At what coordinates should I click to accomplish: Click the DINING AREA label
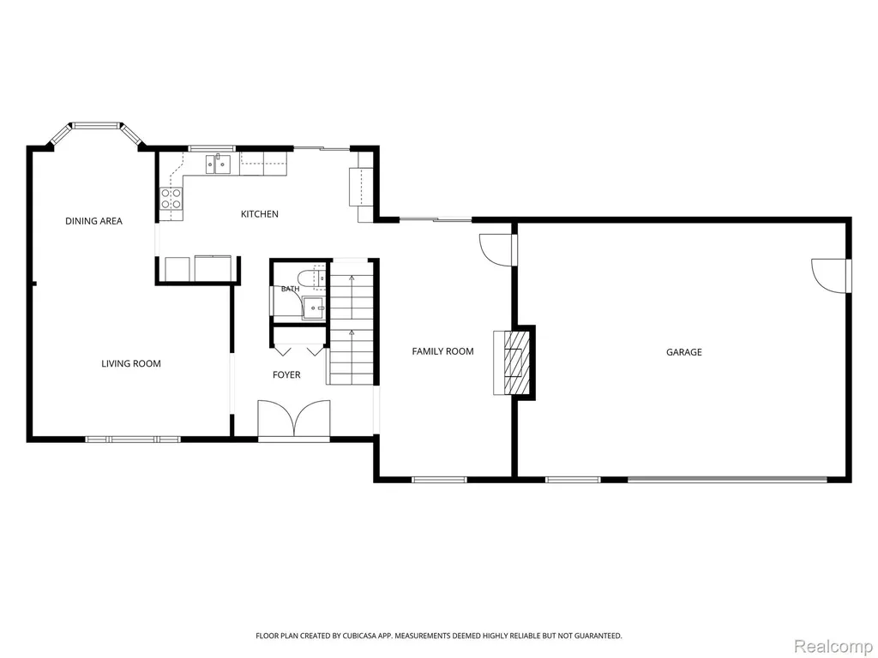pos(93,221)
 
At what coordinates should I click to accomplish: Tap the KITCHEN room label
pos(259,213)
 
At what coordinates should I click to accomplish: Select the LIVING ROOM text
pos(131,363)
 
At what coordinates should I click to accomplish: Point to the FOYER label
pos(286,375)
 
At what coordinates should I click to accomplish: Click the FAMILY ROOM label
pos(443,351)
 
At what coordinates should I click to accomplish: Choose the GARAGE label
pos(683,352)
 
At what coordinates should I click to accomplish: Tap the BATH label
pos(290,289)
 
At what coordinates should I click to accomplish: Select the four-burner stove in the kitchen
pos(171,198)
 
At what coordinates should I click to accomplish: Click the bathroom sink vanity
pos(314,308)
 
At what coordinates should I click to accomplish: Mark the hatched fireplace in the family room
pos(515,362)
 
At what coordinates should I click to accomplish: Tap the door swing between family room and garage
pos(496,249)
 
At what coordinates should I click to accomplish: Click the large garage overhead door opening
pos(727,479)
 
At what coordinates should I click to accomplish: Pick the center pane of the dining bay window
pos(96,125)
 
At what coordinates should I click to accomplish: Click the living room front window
pos(133,440)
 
